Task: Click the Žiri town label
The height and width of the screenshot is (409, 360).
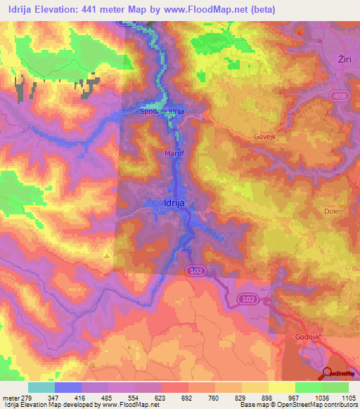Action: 345,58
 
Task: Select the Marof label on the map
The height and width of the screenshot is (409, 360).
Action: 174,150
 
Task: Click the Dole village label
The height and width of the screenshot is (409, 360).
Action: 331,211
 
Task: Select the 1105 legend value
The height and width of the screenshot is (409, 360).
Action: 347,398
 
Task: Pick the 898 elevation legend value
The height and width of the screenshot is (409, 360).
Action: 266,398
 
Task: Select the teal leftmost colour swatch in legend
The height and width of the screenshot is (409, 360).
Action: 41,387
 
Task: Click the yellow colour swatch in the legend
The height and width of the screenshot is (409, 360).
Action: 282,387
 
